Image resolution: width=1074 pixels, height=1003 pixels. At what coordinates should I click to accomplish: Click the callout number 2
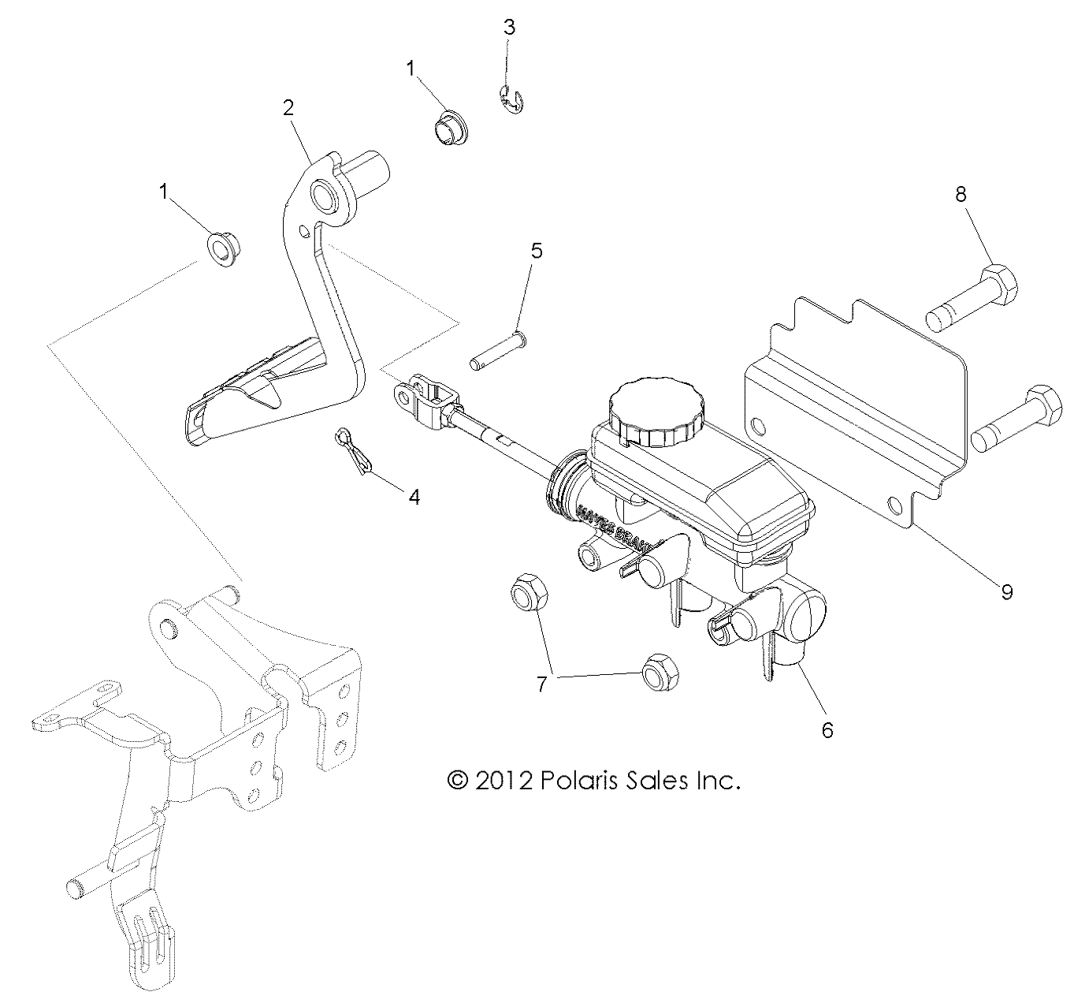(288, 108)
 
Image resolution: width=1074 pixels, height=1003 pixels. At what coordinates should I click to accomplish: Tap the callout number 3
(509, 27)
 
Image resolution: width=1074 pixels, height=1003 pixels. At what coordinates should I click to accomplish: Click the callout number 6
(827, 730)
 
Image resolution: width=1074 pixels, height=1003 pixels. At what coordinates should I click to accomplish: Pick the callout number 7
(541, 684)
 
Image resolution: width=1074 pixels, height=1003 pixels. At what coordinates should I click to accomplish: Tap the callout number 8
(961, 194)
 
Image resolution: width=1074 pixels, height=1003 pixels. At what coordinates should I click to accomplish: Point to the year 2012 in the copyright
(499, 781)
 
